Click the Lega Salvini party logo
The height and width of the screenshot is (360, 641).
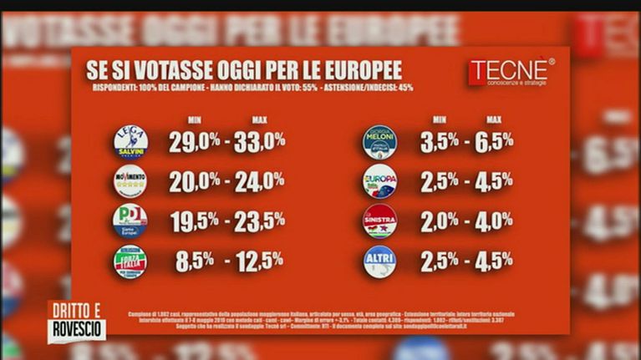click(x=130, y=142)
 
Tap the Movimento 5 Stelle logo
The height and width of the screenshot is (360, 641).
click(x=130, y=181)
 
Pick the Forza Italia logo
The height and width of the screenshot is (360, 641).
click(x=130, y=261)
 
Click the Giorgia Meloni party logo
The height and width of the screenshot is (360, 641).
click(x=379, y=142)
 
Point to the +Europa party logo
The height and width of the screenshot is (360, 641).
click(x=379, y=181)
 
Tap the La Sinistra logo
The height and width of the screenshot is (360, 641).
click(x=379, y=221)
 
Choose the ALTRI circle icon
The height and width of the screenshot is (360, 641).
click(x=379, y=261)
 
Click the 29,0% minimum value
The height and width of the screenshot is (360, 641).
click(x=195, y=142)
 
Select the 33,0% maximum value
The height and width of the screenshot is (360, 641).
click(x=259, y=142)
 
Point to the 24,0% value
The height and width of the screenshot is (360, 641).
click(x=259, y=181)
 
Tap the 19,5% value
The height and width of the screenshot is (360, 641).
click(x=195, y=221)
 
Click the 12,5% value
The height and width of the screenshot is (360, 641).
click(x=259, y=261)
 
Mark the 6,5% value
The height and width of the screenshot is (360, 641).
click(x=494, y=142)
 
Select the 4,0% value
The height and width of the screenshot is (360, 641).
click(x=494, y=221)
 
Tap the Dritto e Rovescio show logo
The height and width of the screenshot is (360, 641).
click(x=76, y=321)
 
